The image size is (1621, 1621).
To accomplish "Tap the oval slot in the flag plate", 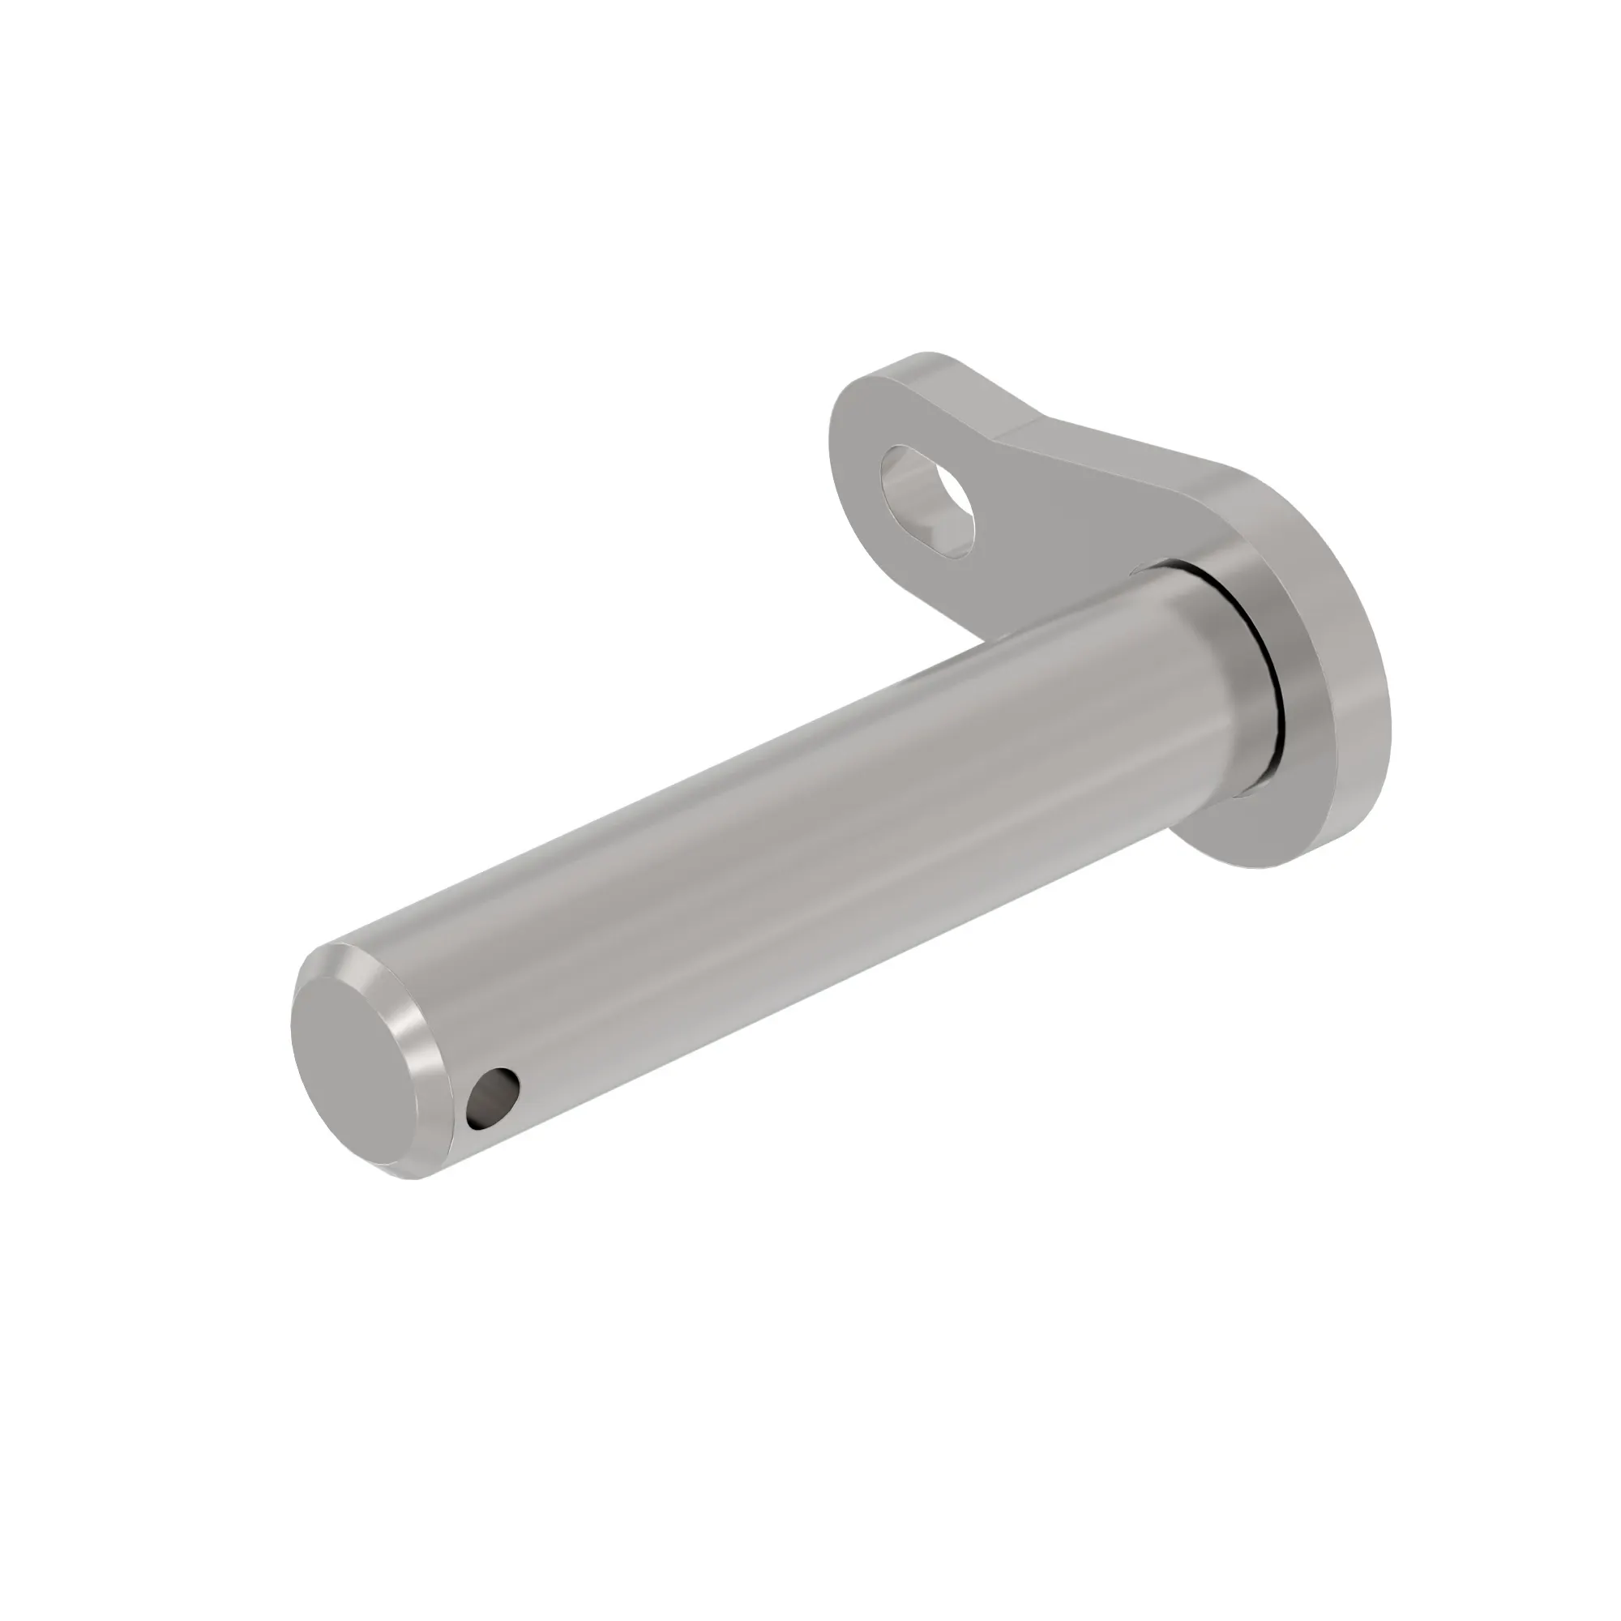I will point(928,499).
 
